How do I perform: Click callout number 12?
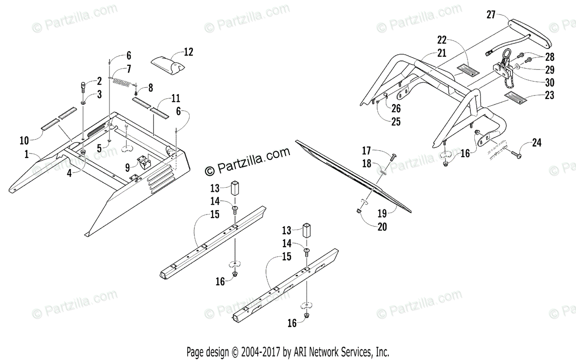(x=189, y=52)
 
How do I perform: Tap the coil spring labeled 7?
(x=124, y=79)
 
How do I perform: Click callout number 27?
(x=491, y=14)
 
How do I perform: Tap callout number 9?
(x=128, y=168)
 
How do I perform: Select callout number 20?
(x=382, y=228)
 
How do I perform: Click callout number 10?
(x=24, y=140)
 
